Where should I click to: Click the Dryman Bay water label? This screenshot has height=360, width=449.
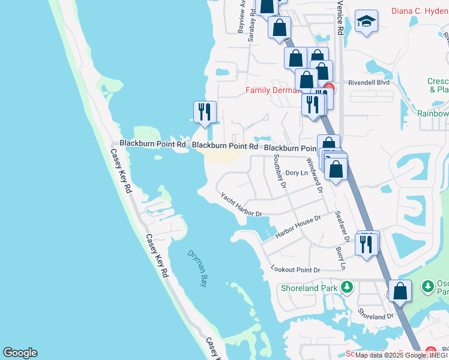pyautogui.click(x=196, y=268)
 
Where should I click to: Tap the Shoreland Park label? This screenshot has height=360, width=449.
pyautogui.click(x=309, y=287)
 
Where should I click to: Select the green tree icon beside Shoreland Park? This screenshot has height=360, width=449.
pyautogui.click(x=346, y=287)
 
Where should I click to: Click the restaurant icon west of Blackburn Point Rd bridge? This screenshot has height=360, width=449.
pyautogui.click(x=204, y=112)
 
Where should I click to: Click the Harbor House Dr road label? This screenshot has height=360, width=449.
pyautogui.click(x=298, y=226)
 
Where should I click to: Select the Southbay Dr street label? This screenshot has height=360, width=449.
pyautogui.click(x=279, y=170)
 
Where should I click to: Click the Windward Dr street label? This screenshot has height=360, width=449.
pyautogui.click(x=315, y=175)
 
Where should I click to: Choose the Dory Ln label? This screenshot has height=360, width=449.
pyautogui.click(x=297, y=173)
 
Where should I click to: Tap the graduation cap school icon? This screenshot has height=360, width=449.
pyautogui.click(x=366, y=22)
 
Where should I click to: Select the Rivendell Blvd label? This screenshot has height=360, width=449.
pyautogui.click(x=369, y=83)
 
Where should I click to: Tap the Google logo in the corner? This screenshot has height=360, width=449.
pyautogui.click(x=20, y=353)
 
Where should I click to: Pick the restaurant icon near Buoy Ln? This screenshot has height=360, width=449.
pyautogui.click(x=366, y=244)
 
